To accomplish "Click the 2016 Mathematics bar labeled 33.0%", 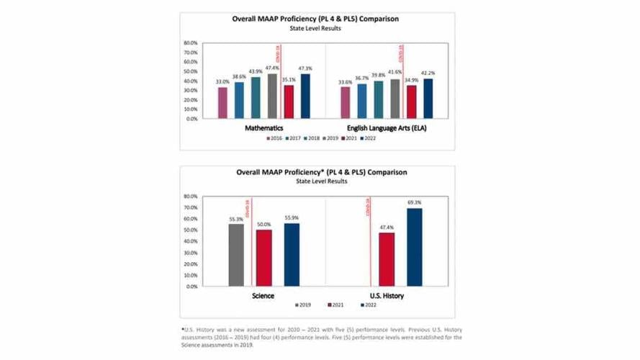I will [x=222, y=102].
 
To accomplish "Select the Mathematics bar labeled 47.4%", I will [x=271, y=96].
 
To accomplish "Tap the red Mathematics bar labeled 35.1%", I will [x=289, y=102].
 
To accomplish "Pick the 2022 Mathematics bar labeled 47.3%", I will [x=305, y=96].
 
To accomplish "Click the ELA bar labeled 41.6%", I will [x=395, y=99].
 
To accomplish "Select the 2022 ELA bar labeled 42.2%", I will [x=428, y=98].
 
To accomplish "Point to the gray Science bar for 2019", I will [x=235, y=255].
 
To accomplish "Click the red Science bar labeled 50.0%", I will [x=264, y=258].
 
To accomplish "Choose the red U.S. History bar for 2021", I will [x=387, y=259].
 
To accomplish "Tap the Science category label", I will [x=263, y=296].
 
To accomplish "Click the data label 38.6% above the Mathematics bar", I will [x=239, y=76].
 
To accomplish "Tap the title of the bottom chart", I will [x=321, y=173].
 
